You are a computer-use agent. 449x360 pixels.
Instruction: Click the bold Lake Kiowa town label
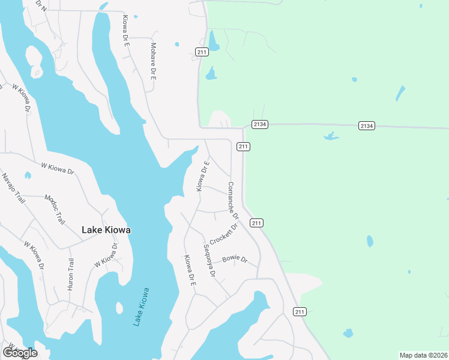(x=106, y=230)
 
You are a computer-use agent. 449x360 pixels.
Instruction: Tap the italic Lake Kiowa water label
(x=141, y=307)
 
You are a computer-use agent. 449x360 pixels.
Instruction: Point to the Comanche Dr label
(x=232, y=200)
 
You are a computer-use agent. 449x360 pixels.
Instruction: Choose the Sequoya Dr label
(x=209, y=260)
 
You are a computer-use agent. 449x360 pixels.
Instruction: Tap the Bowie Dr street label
(x=235, y=259)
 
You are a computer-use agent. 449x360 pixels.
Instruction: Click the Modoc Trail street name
(x=55, y=209)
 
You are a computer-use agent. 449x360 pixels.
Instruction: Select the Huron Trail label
(x=70, y=274)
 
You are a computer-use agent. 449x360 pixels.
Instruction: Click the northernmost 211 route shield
(x=202, y=52)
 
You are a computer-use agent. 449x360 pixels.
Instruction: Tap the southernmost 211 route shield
(x=300, y=311)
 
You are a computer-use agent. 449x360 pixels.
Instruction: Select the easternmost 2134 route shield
(x=367, y=125)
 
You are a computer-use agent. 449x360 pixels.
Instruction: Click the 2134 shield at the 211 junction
(x=259, y=124)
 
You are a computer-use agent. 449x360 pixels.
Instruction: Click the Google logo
(x=19, y=353)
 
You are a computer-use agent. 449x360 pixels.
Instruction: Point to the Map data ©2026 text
(x=423, y=355)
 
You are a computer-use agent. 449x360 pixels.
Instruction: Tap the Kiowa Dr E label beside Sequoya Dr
(x=190, y=271)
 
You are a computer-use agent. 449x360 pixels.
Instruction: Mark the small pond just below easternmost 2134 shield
(x=331, y=136)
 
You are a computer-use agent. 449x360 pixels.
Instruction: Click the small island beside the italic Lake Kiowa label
(x=119, y=308)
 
